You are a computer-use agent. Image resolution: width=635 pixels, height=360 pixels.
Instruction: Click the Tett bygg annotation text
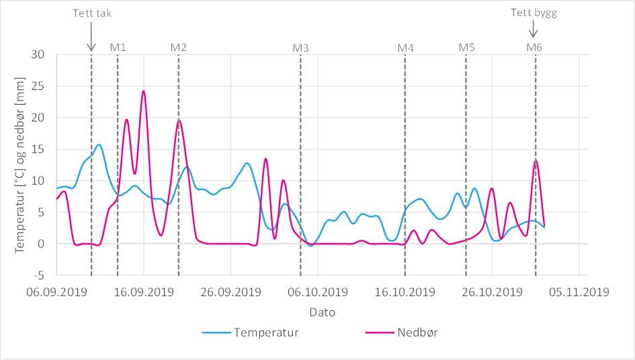tap(534, 12)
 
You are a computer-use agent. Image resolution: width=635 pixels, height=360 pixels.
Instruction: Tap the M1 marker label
tap(118, 47)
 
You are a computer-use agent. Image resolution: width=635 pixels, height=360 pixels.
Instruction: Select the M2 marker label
tap(178, 47)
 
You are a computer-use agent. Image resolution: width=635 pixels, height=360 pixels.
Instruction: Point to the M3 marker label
tap(300, 48)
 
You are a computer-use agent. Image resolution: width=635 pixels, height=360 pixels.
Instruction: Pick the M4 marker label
tap(405, 48)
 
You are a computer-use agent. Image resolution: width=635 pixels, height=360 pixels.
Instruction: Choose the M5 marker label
tap(466, 47)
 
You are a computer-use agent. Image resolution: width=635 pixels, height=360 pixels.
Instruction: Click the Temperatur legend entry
tap(265, 332)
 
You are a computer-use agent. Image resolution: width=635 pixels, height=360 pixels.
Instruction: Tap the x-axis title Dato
tap(322, 312)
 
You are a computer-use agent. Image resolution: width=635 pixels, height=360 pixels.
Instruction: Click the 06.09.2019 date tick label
tap(56, 292)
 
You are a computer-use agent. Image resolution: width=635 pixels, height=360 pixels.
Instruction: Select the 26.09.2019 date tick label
tap(230, 292)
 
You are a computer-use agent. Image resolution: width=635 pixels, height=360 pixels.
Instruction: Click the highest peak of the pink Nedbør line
tap(143, 91)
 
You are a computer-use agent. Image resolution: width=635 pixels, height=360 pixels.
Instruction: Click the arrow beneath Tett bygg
tap(534, 30)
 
